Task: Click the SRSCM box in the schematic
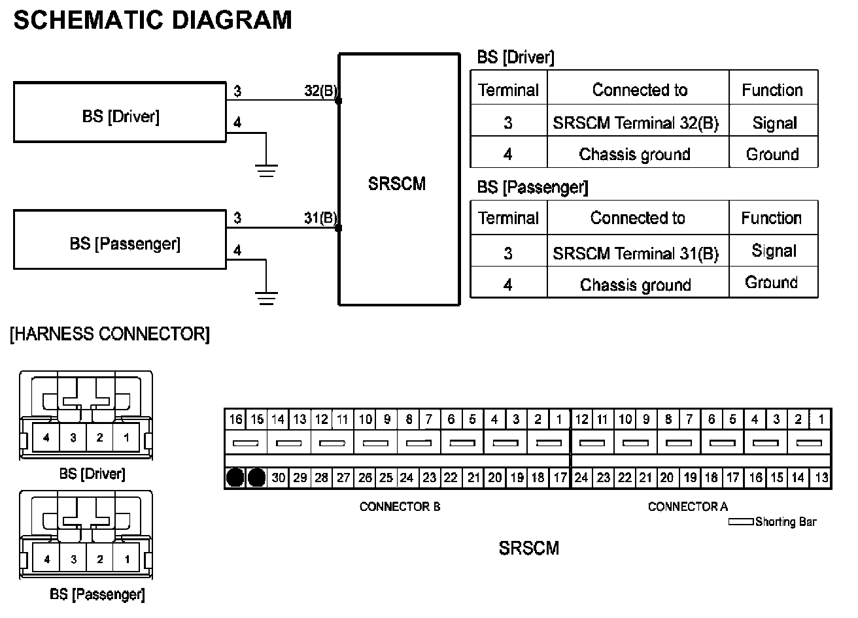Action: tap(398, 180)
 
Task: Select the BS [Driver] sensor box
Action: tap(120, 112)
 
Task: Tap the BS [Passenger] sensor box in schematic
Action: tap(120, 240)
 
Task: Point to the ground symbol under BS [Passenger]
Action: tap(266, 298)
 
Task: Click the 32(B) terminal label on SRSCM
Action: tap(320, 91)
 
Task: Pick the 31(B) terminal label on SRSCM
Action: tap(320, 218)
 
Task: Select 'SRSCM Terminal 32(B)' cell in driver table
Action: tap(636, 123)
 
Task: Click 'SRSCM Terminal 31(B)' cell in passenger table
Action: tap(636, 253)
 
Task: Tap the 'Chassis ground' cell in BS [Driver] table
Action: tap(635, 155)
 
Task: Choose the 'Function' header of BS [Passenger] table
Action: tap(772, 218)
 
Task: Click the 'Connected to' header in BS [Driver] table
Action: tap(640, 90)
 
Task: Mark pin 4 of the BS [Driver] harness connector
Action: tap(46, 438)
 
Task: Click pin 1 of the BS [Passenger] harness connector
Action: tap(127, 559)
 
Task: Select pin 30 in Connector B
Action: tap(279, 478)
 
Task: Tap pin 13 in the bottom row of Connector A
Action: tap(821, 478)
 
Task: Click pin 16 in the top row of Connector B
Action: tap(235, 419)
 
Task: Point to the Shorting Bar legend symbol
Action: tap(742, 522)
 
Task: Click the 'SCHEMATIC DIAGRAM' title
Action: tap(152, 20)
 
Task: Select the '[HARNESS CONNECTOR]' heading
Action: tap(110, 334)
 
